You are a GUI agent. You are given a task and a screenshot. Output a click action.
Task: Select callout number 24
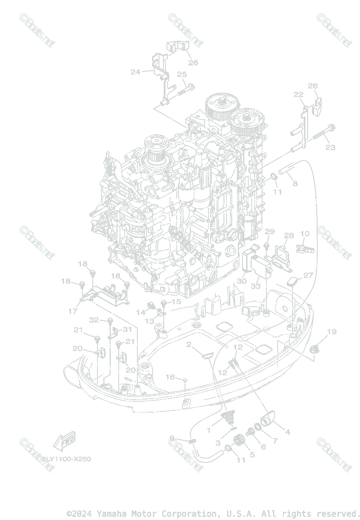click(136, 72)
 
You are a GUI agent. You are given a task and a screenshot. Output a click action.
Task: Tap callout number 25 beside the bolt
click(182, 74)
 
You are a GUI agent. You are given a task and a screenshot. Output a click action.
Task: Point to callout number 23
click(331, 148)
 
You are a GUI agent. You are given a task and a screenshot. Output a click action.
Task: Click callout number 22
click(298, 94)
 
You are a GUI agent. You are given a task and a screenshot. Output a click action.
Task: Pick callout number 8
click(295, 183)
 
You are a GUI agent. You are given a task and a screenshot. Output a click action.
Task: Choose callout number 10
click(305, 234)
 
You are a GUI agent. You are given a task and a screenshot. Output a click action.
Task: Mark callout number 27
click(308, 275)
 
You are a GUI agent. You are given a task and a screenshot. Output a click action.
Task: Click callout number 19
click(332, 332)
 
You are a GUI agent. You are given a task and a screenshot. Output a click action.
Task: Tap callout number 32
click(94, 320)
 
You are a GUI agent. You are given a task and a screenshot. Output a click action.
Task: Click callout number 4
click(288, 432)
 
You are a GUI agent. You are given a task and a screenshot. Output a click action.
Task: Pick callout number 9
click(172, 438)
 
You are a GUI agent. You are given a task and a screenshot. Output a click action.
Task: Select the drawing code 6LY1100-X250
click(66, 459)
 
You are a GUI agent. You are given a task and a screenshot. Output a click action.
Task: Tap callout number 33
click(256, 286)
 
